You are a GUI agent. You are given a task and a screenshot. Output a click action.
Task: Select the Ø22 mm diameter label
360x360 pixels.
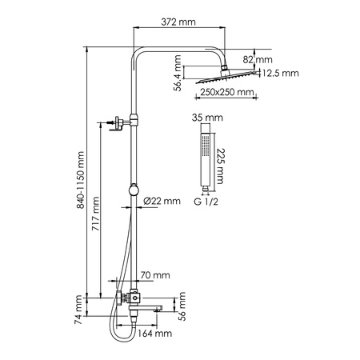click(163, 202)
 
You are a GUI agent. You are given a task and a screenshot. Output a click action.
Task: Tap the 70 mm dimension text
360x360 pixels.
click(150, 275)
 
